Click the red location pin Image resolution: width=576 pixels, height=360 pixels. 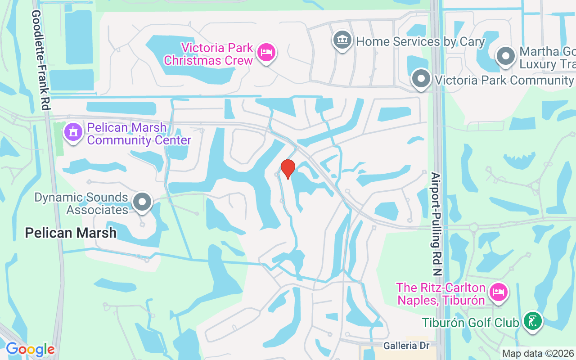tap(288, 169)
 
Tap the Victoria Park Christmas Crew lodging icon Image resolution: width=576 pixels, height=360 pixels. tap(266, 53)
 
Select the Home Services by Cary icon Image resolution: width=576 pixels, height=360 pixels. tap(342, 40)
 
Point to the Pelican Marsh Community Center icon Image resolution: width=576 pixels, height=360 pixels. tap(72, 132)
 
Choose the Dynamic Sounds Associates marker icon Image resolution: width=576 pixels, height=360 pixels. tap(143, 202)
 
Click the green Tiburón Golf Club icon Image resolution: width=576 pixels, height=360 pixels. tap(533, 321)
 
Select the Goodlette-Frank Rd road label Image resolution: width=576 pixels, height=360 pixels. tap(40, 60)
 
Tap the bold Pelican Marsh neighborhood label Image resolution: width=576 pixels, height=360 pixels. tap(71, 233)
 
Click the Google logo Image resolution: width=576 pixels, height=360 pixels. tap(30, 349)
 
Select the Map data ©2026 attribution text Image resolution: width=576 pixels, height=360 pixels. tap(538, 353)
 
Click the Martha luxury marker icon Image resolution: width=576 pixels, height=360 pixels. tap(505, 57)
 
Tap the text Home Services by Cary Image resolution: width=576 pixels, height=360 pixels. tap(420, 42)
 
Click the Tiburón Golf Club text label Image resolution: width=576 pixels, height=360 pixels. tap(471, 323)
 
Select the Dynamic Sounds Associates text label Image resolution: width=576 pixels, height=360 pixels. tap(81, 203)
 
